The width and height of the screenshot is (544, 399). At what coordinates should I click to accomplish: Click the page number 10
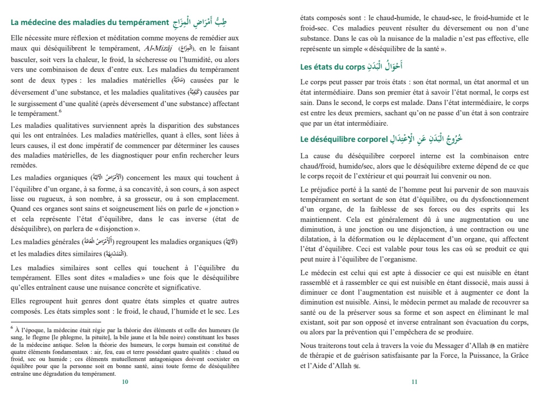[x=125, y=382]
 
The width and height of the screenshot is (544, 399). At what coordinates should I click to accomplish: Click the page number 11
[x=414, y=382]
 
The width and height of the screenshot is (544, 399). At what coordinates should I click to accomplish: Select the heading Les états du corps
[x=332, y=67]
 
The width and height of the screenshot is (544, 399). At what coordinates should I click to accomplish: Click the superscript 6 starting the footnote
[x=12, y=327]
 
